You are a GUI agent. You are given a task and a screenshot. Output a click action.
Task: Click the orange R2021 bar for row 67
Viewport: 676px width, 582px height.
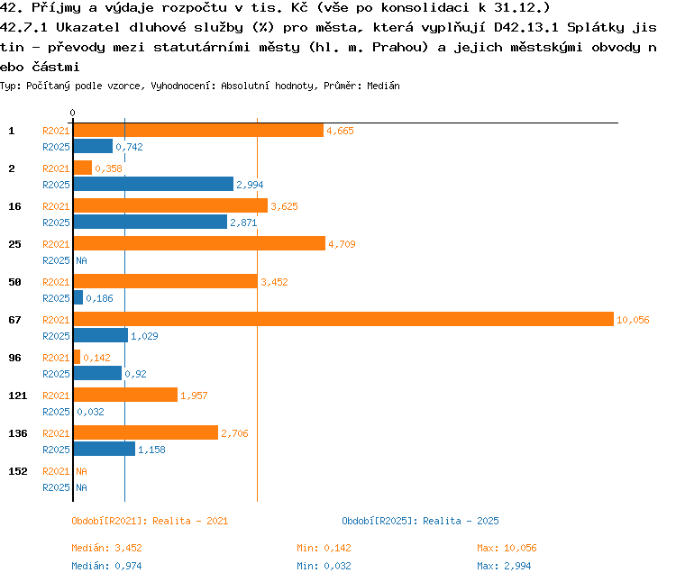pos(343,319)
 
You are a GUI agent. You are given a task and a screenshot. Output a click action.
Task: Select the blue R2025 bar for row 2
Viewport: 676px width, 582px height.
pos(153,184)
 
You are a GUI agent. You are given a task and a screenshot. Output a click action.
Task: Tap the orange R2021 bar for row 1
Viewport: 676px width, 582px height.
pos(198,130)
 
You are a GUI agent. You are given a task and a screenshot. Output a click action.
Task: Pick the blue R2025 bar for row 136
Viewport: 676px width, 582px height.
pos(105,449)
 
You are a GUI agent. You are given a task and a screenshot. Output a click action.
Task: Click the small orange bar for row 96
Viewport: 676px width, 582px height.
pos(77,357)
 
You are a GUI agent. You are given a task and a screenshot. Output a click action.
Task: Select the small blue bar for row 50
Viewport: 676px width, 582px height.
pos(78,297)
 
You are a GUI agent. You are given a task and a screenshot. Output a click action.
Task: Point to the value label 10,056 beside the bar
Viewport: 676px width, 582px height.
pos(633,320)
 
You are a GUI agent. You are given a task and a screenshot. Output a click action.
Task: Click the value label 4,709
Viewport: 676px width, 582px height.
pos(342,244)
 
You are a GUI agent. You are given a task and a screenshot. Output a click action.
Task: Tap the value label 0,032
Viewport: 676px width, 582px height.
pos(90,412)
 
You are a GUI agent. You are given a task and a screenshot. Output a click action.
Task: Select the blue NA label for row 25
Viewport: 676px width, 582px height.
pos(81,260)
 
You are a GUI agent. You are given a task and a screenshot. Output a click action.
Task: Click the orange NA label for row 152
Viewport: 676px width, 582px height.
pos(81,471)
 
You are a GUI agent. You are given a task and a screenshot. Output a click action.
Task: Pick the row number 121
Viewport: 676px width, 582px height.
pos(18,396)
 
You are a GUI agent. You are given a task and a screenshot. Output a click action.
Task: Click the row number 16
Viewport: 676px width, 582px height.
pos(14,206)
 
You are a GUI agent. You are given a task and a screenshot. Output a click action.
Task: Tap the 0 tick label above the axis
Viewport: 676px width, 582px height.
pos(72,113)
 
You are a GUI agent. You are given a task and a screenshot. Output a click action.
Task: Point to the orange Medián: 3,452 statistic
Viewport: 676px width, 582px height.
pos(106,548)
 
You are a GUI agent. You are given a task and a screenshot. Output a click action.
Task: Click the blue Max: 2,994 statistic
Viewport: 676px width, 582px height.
pos(504,566)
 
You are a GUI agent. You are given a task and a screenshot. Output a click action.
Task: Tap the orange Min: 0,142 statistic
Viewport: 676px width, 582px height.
pos(324,548)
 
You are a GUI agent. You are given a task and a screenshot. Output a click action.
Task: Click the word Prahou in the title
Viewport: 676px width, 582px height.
pos(400,47)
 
